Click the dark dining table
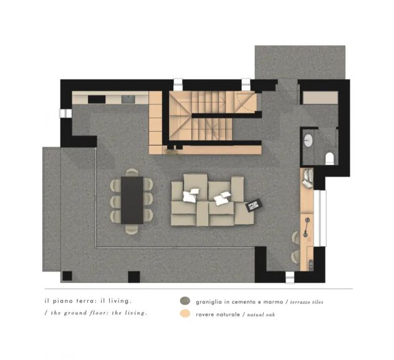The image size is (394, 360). pyautogui.click(x=132, y=200)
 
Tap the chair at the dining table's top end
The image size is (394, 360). pyautogui.click(x=132, y=173)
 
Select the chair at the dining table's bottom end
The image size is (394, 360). pyautogui.click(x=132, y=229)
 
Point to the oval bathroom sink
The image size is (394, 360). pyautogui.click(x=309, y=140)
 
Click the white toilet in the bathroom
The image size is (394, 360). pyautogui.click(x=329, y=159)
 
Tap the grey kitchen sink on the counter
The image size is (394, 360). pyautogui.click(x=128, y=99)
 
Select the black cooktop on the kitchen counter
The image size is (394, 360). pyautogui.click(x=97, y=99)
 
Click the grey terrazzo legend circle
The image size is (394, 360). pyautogui.click(x=185, y=301)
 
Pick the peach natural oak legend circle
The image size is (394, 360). pyautogui.click(x=185, y=313)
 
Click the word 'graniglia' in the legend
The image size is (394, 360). pyautogui.click(x=209, y=302)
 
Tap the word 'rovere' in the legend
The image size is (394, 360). pyautogui.click(x=204, y=315)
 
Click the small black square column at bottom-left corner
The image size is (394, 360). pyautogui.click(x=67, y=276)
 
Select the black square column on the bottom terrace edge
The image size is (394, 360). pyautogui.click(x=134, y=277)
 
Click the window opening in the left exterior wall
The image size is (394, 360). pyautogui.click(x=65, y=113)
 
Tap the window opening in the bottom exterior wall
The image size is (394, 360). pyautogui.click(x=290, y=278)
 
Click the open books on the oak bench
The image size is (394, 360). pyautogui.click(x=308, y=178)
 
